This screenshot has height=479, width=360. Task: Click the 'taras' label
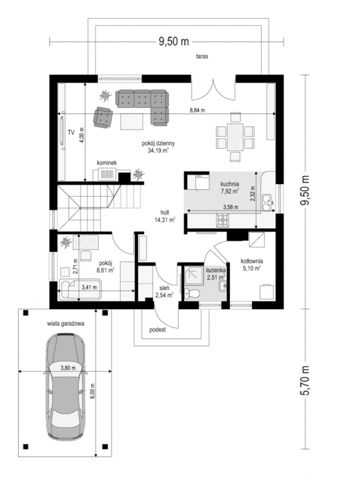[202, 56]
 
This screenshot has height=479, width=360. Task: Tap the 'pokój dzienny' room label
[158, 143]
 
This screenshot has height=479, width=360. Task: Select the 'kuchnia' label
[230, 184]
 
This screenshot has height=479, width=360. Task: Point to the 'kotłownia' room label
[252, 261]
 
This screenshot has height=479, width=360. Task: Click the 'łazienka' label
[216, 270]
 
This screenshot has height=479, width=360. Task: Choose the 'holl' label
[165, 212]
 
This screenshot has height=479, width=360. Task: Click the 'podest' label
[157, 330]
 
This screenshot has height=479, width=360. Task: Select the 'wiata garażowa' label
[66, 324]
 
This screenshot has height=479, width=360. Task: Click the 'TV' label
[71, 133]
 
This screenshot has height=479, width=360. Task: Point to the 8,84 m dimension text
[197, 110]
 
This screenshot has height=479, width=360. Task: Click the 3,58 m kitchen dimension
[231, 207]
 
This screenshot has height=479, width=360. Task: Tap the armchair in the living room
[103, 117]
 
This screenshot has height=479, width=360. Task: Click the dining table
[235, 137]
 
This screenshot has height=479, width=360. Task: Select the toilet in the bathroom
[192, 293]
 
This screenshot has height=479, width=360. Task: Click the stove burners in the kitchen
[223, 220]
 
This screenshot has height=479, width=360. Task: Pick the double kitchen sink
[267, 203]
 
